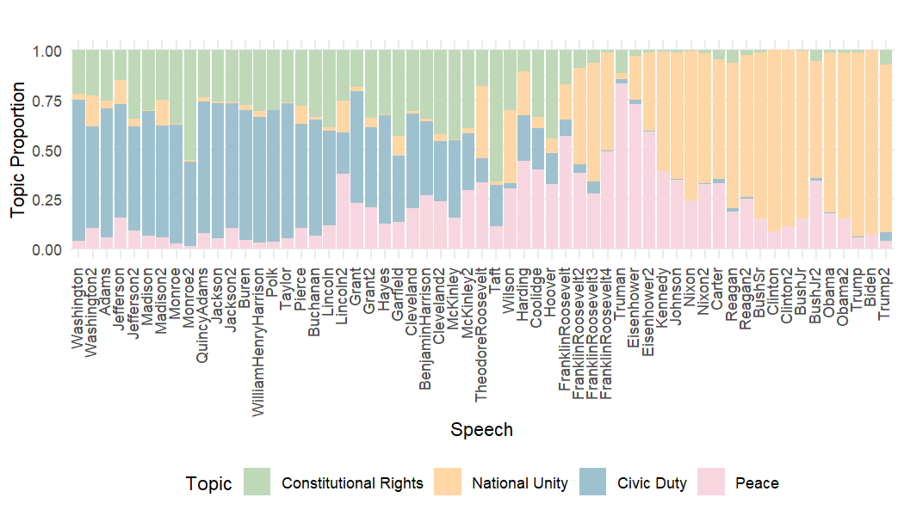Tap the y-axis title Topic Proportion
click(x=20, y=150)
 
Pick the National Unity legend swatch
click(x=447, y=482)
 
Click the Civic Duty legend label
click(x=652, y=483)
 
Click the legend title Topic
click(x=208, y=484)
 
